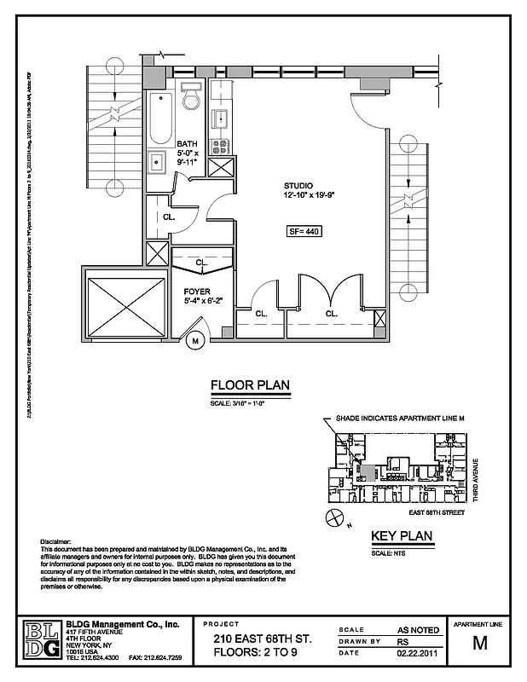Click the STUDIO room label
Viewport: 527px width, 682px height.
[x=298, y=186]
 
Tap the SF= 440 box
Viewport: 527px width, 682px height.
[x=304, y=231]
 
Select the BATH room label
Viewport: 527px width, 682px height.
[x=186, y=143]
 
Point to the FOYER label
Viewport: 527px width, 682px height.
[x=197, y=292]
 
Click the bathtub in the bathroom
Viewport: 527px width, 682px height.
[x=161, y=119]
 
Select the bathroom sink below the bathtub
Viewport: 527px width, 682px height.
[x=158, y=160]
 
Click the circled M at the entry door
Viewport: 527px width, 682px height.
[x=194, y=341]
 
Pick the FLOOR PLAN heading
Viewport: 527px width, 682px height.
[x=250, y=385]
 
